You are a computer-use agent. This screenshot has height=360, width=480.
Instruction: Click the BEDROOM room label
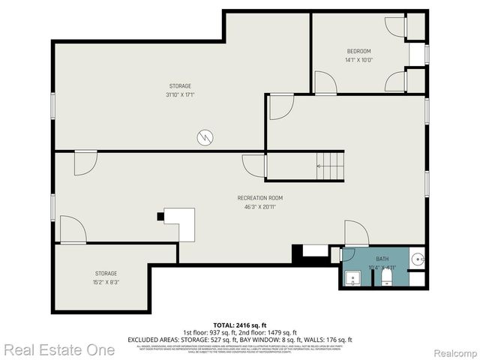[358, 51]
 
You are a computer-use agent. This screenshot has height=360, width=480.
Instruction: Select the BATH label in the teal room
[382, 258]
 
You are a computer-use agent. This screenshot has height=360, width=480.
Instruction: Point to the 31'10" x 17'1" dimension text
[180, 95]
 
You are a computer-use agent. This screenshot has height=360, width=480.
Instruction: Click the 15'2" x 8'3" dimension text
[106, 283]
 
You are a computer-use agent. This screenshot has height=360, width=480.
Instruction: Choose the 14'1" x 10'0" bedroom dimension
[358, 60]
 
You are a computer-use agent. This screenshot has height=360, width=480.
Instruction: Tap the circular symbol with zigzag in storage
[205, 137]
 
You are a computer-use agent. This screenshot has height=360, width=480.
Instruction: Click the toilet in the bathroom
[386, 279]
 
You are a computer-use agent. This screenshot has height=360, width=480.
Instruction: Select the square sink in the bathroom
[352, 279]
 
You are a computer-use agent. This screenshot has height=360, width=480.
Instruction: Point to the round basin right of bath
[418, 260]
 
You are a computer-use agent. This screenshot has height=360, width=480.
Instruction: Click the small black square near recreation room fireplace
[160, 217]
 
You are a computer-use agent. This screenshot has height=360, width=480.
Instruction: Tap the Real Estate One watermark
[58, 349]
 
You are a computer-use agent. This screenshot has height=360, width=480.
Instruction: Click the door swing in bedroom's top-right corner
[395, 25]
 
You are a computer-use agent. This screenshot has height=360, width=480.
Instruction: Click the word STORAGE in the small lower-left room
[106, 274]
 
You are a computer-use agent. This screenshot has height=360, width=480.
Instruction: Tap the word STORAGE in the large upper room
[180, 86]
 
